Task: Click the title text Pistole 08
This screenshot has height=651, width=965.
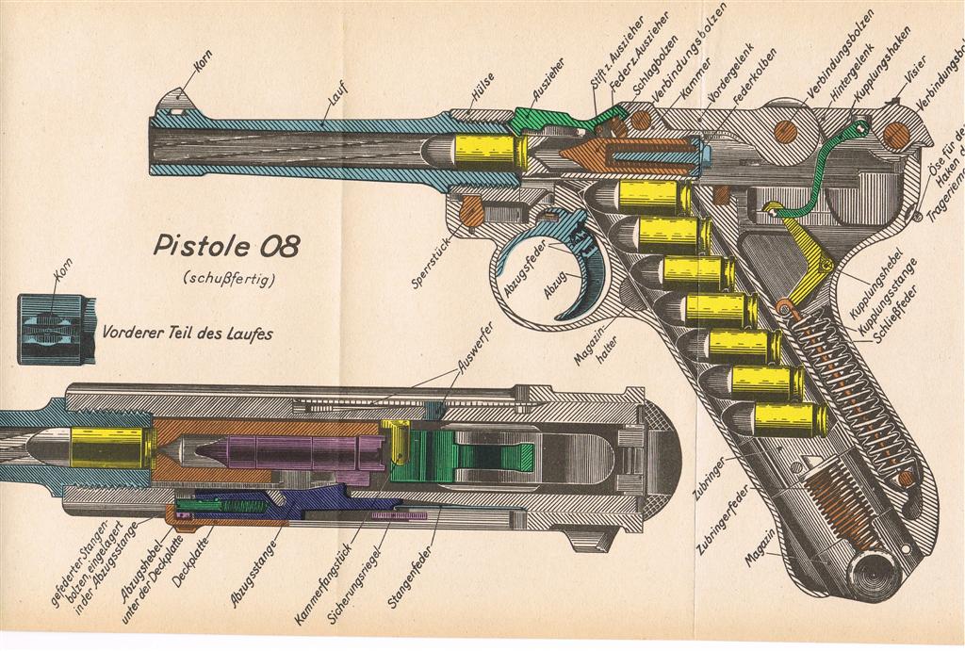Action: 226,247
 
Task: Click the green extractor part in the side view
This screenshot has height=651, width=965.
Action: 543,119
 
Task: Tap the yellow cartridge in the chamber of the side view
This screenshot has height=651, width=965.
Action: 488,151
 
